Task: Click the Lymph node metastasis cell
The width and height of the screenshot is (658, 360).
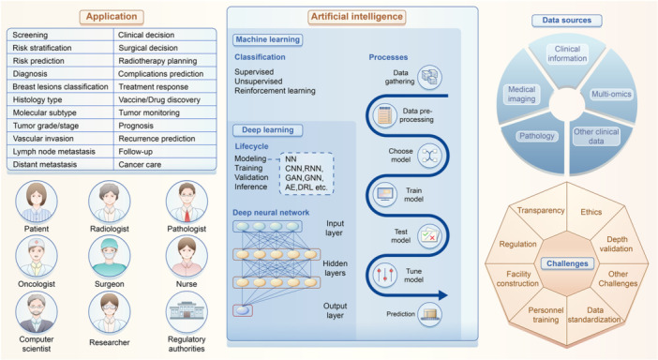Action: point(57,151)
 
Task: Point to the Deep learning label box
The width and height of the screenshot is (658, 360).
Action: point(264,129)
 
